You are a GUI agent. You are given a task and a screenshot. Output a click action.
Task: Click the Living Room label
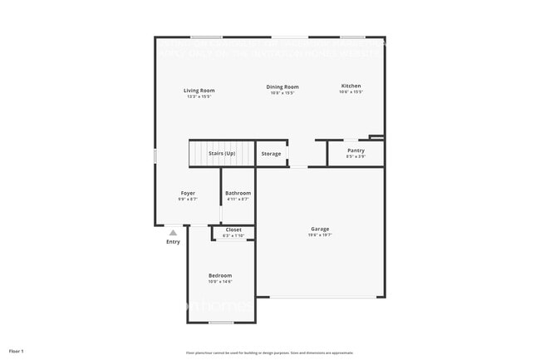point(199,91)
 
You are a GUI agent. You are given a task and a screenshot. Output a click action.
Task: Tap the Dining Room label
point(282,86)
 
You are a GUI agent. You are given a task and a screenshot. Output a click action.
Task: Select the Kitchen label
point(351,86)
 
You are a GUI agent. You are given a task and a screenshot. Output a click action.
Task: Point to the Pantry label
point(356,150)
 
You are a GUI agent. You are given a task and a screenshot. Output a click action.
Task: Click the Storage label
point(271,154)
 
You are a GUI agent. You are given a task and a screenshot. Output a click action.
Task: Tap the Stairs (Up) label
point(222,154)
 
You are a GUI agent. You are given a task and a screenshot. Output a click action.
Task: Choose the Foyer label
point(188,193)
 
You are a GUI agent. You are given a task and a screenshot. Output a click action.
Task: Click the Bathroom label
point(238,193)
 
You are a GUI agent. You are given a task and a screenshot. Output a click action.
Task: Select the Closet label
point(233,229)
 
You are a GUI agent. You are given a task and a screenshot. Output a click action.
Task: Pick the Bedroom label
point(220,275)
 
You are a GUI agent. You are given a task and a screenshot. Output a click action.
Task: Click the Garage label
point(320,229)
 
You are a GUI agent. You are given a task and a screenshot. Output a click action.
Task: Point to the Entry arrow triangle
point(173,233)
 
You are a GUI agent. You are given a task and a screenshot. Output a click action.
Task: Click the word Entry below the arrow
point(173,242)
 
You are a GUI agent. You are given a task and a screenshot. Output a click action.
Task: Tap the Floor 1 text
point(17,352)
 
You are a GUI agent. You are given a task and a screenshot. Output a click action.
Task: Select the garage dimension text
point(320,235)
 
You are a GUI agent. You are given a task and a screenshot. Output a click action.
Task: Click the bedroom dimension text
point(220,282)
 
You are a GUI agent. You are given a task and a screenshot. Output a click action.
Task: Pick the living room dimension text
point(199,97)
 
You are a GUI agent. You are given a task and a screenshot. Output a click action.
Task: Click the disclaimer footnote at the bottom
point(269,352)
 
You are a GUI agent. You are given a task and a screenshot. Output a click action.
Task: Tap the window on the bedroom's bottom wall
point(220,323)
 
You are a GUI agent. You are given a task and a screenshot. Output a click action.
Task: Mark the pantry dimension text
point(356,156)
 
